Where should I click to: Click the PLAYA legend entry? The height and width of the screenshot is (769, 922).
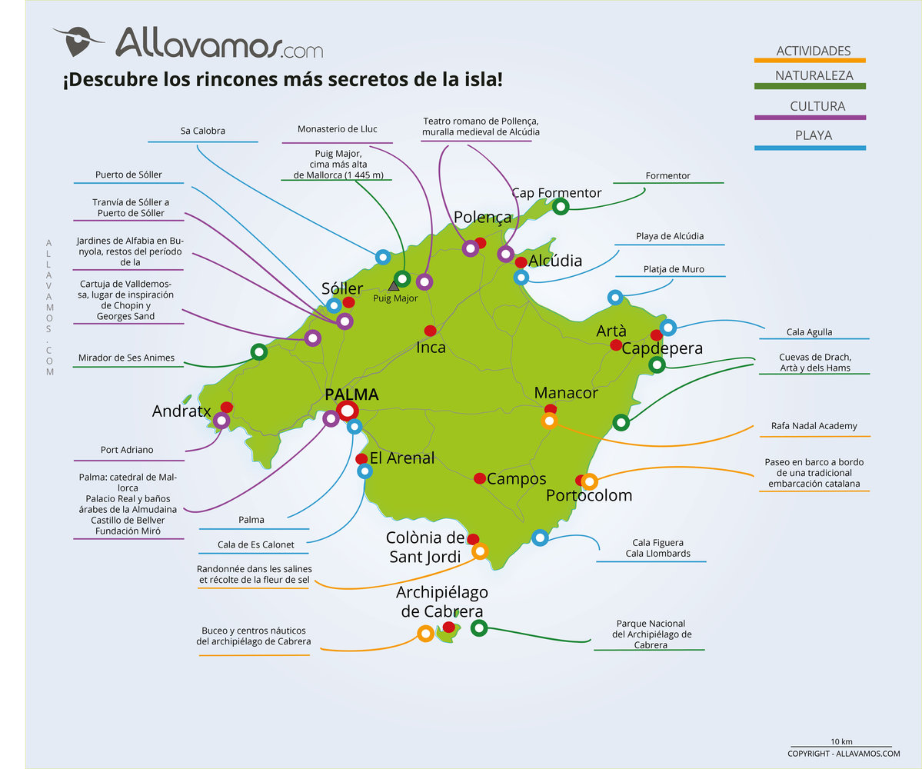coord(813,136)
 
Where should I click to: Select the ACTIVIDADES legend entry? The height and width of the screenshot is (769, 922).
coord(813,51)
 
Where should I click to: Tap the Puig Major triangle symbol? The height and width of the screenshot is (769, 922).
coord(394,285)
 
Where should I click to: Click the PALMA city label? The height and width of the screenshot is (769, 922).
coord(351,394)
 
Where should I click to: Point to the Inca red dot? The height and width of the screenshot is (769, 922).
coord(430,331)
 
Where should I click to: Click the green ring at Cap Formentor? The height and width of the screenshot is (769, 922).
coord(561,206)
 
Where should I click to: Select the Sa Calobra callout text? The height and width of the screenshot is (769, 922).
coord(203,131)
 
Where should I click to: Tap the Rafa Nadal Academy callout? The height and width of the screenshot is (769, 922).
coord(814,426)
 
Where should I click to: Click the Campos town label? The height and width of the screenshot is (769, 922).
coord(517,479)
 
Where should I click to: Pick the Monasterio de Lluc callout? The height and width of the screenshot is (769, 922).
coord(338,129)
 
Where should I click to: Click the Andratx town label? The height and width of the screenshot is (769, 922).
coord(181,411)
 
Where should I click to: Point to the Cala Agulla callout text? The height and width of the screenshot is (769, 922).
coord(809,332)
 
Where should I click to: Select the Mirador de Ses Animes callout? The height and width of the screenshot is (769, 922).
coord(126,358)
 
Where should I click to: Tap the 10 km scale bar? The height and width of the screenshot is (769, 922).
coord(841,746)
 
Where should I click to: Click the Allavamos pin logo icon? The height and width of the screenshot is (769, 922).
coord(78,40)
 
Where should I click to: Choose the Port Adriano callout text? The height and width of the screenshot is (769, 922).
coord(127,450)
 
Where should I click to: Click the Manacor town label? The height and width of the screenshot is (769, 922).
coord(566,393)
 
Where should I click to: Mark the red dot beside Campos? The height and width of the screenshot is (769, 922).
coord(480,478)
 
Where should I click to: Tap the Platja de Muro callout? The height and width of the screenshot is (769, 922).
coord(674,269)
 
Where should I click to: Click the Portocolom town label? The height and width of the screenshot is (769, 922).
coord(589,495)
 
